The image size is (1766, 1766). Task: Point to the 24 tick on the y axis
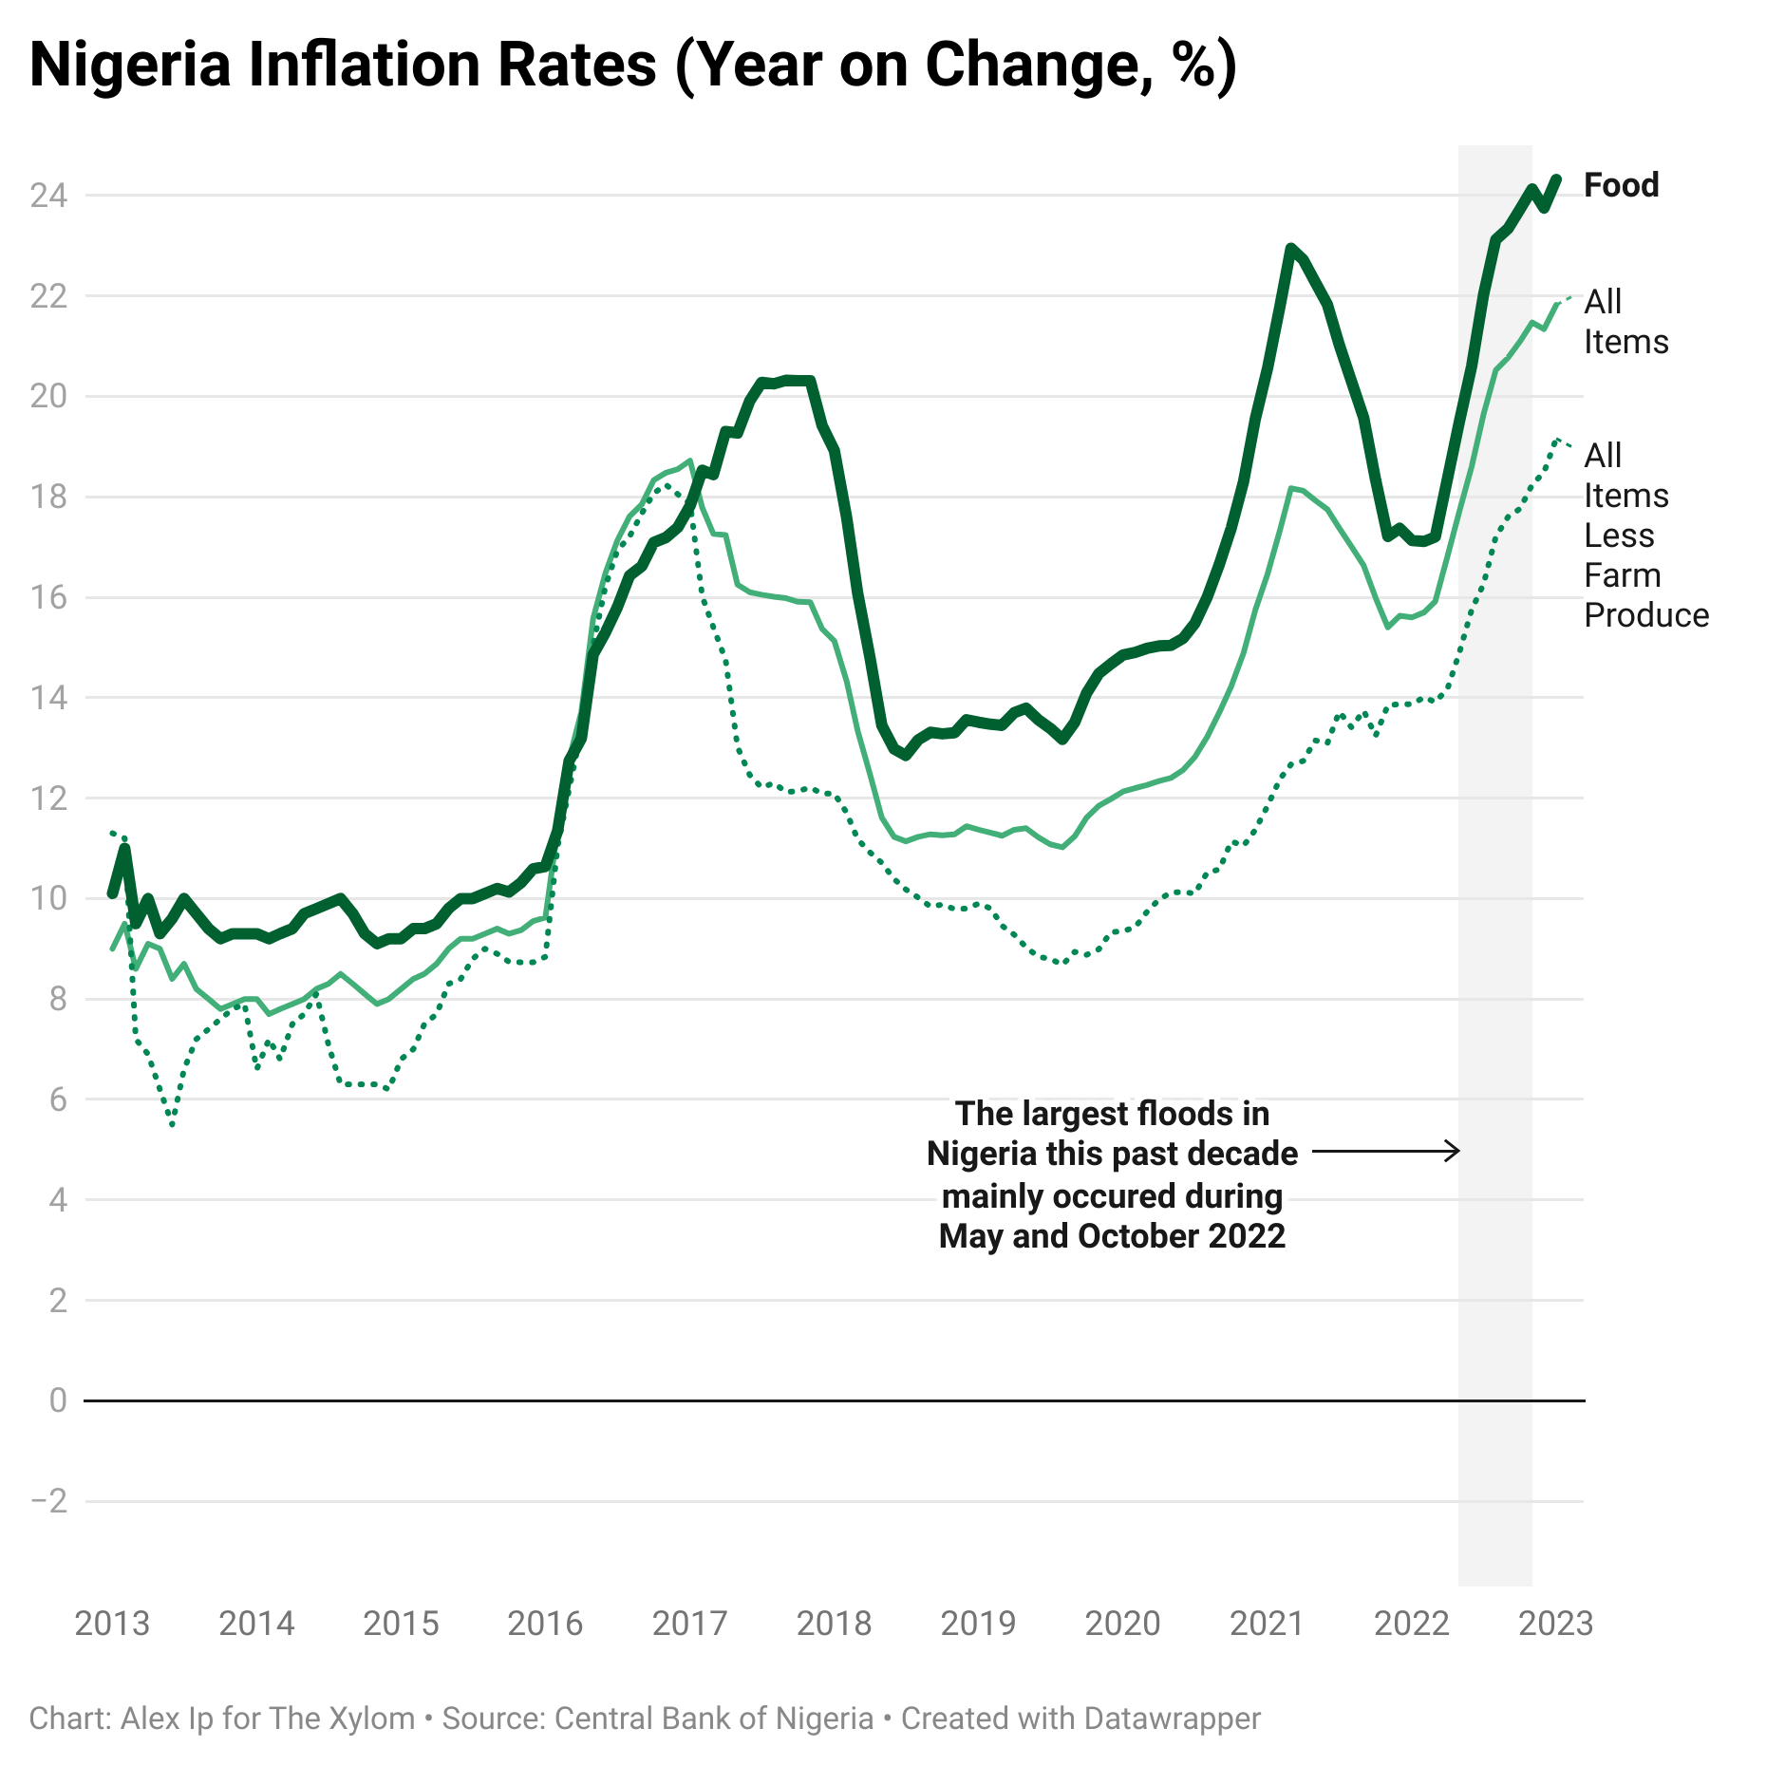[48, 196]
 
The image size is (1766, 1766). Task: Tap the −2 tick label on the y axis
[48, 1501]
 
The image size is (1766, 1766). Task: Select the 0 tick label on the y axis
[58, 1400]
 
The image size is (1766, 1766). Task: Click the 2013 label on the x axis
[112, 1624]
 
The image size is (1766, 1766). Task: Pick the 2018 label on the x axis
[834, 1624]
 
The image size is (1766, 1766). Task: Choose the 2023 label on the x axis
[1555, 1624]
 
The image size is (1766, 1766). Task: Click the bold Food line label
[1622, 185]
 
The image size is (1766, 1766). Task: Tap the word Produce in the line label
[1646, 615]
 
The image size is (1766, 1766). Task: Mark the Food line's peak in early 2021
[1291, 248]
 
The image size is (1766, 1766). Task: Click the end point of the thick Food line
[1556, 178]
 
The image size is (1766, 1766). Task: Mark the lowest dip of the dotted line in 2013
[172, 1126]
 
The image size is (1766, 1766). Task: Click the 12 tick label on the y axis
[48, 798]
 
